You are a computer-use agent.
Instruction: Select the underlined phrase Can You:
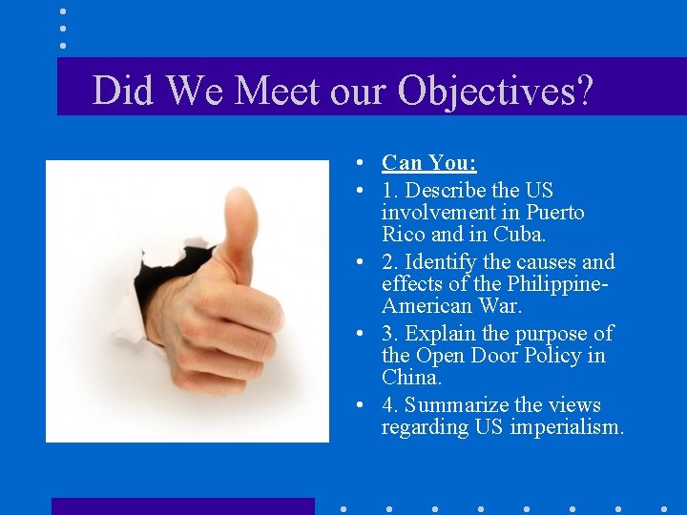[429, 163]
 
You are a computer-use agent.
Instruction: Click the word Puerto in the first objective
[553, 212]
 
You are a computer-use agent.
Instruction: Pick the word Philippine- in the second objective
[556, 284]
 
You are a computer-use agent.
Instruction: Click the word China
[412, 378]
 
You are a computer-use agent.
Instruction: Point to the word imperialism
[567, 427]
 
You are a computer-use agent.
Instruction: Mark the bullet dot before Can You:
[356, 163]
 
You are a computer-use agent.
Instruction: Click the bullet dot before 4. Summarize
[356, 405]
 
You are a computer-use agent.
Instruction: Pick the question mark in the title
[582, 91]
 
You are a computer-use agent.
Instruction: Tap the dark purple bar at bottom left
[182, 506]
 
